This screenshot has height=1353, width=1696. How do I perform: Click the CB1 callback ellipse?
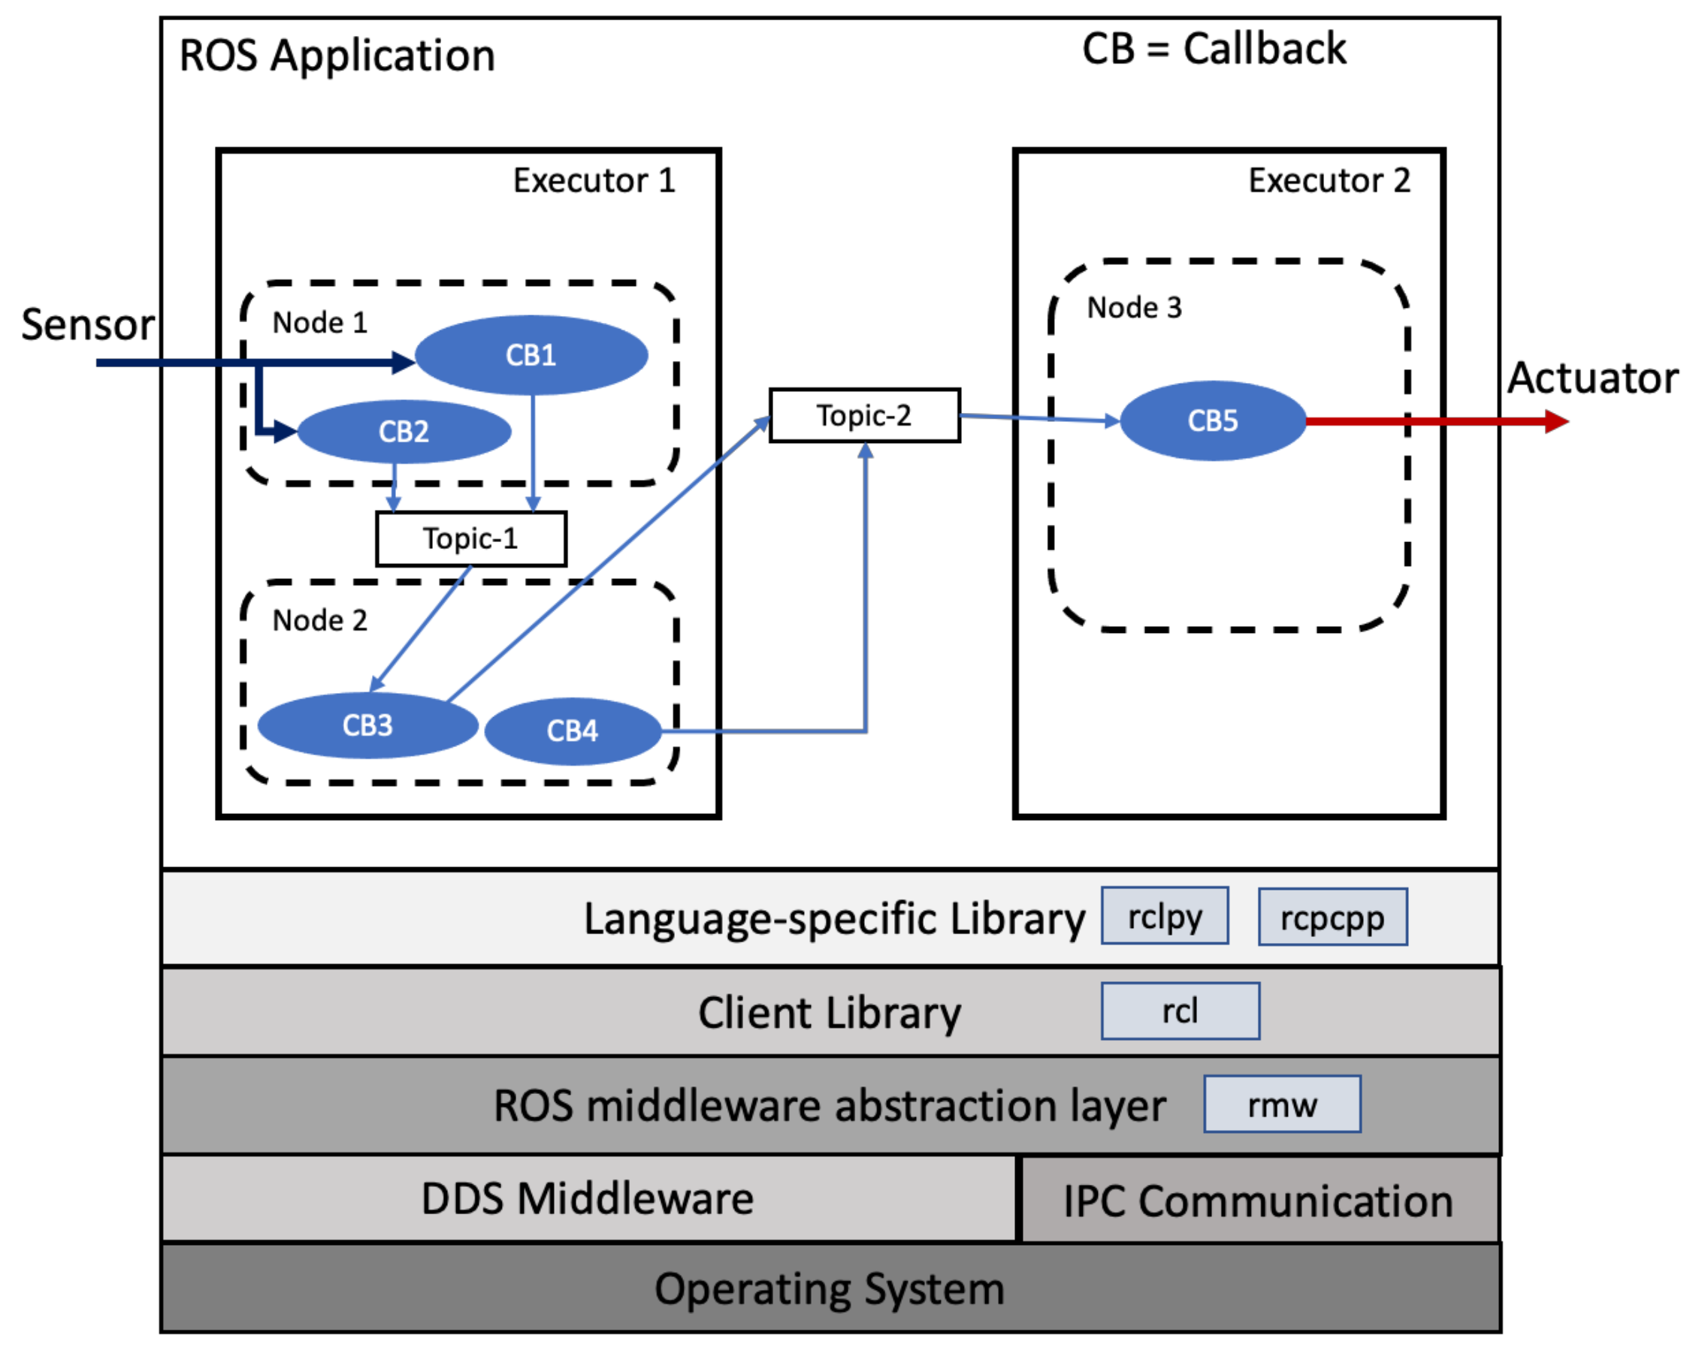[x=531, y=355]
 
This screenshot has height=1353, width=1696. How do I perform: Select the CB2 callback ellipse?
[x=404, y=432]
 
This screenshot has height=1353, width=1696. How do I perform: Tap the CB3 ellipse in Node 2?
[x=367, y=725]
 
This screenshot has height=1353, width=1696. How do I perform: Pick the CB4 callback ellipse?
[x=572, y=731]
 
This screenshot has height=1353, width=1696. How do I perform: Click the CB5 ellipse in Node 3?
[x=1212, y=420]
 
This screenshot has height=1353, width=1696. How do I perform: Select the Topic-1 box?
[x=470, y=538]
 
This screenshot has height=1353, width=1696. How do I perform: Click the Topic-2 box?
[x=863, y=415]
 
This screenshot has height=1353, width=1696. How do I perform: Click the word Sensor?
[x=87, y=324]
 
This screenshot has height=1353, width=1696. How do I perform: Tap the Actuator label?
[x=1592, y=378]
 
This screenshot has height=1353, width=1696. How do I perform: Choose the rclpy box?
[x=1164, y=916]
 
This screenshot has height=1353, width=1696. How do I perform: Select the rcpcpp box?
[x=1332, y=918]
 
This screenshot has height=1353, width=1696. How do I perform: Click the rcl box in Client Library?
[x=1179, y=1011]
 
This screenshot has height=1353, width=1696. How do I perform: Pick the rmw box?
[x=1281, y=1104]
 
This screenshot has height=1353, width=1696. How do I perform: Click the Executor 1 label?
[x=594, y=181]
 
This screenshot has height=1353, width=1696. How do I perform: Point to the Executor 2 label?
[x=1329, y=181]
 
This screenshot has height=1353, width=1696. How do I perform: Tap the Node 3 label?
[x=1134, y=307]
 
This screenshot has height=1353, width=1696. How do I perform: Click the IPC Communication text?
[x=1257, y=1201]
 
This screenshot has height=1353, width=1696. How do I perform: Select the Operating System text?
[x=829, y=1289]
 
